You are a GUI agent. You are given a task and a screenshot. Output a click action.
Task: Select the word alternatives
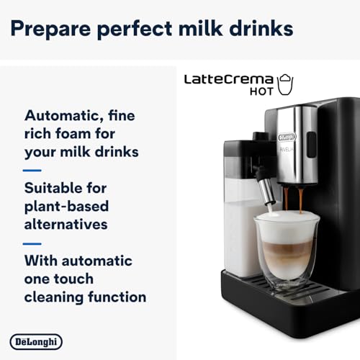[x=66, y=224]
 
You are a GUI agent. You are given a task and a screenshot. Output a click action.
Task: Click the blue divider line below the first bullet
[x=32, y=170]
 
